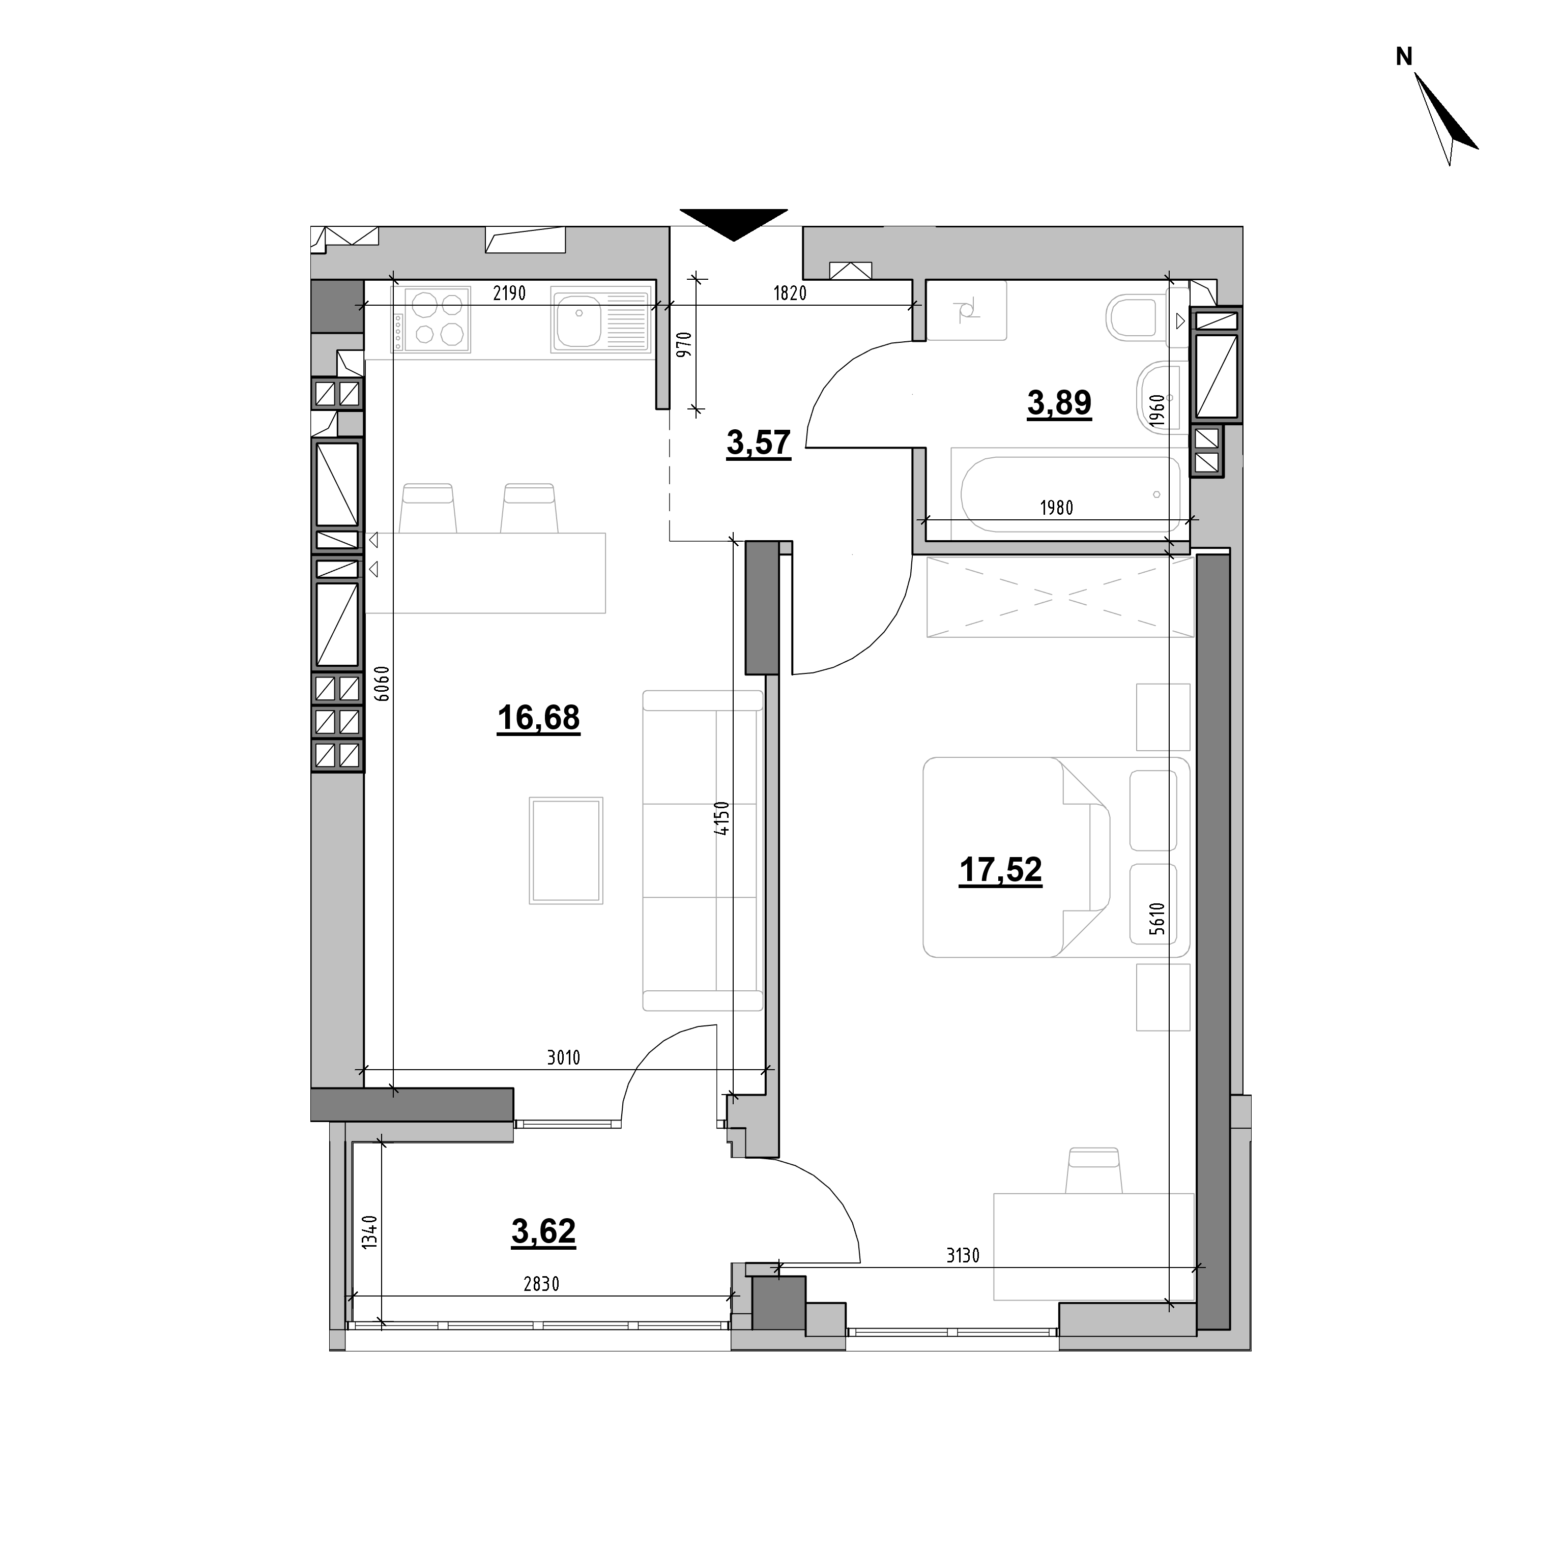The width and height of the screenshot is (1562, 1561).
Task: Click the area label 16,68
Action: [538, 718]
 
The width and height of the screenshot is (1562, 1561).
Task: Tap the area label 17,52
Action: [1001, 871]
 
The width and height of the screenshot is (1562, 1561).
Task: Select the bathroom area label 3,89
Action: [1059, 402]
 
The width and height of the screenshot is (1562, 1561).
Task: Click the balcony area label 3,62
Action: [543, 1231]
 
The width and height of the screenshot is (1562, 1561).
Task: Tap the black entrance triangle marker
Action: [733, 224]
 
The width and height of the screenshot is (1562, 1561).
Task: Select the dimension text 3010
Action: [564, 1057]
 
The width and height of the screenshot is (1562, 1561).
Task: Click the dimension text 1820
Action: [790, 293]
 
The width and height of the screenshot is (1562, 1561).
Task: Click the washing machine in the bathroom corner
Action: [967, 310]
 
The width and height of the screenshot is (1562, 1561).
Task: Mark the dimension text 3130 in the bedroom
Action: [963, 1255]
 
